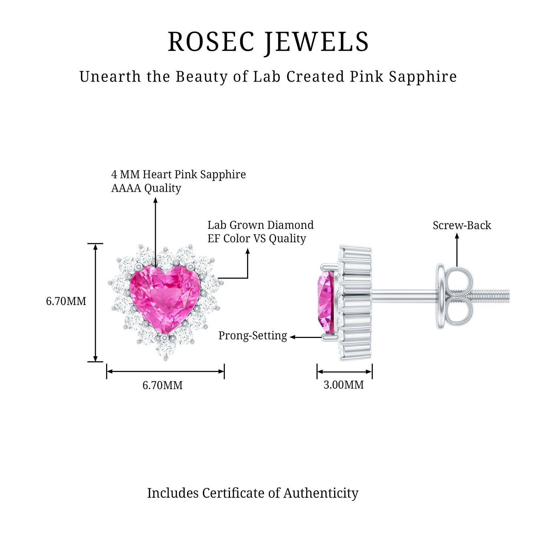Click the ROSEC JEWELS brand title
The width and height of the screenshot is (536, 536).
click(x=268, y=42)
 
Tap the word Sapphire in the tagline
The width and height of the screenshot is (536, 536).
click(x=422, y=77)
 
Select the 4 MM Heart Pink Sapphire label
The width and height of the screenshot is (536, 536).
click(x=178, y=174)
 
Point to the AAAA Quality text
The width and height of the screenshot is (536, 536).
click(x=146, y=188)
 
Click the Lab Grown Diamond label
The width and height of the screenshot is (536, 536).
click(x=260, y=225)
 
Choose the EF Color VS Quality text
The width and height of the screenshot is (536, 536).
click(x=257, y=239)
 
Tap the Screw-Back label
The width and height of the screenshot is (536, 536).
click(x=462, y=226)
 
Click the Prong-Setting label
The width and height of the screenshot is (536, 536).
click(x=253, y=336)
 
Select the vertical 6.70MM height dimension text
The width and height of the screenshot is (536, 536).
click(x=66, y=301)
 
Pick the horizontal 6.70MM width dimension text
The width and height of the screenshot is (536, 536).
click(x=162, y=385)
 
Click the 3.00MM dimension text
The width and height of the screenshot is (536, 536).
click(x=343, y=385)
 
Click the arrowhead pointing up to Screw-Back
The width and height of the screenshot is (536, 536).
click(x=457, y=236)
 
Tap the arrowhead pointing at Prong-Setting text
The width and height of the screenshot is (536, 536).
click(x=293, y=337)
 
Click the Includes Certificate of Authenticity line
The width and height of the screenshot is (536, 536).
click(x=253, y=493)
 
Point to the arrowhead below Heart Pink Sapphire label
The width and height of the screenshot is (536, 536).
click(x=155, y=200)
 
